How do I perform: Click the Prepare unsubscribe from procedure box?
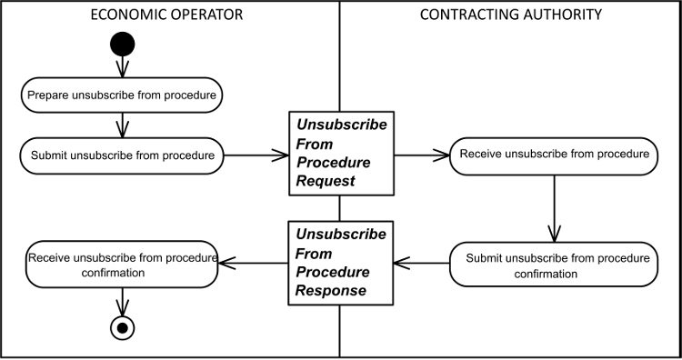(122, 95)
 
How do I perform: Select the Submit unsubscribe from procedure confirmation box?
(552, 265)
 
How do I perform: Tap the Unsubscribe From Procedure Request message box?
(341, 153)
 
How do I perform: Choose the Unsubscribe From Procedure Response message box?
(341, 263)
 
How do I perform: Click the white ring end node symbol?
(122, 327)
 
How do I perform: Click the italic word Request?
(325, 181)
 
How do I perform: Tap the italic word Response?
(330, 291)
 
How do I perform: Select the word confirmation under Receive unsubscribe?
(113, 273)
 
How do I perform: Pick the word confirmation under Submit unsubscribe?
(546, 274)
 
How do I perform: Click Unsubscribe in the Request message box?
(341, 125)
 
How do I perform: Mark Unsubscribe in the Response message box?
(341, 235)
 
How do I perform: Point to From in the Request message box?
(315, 144)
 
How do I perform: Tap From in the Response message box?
(314, 254)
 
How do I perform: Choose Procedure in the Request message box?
(333, 163)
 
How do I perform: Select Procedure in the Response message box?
(332, 273)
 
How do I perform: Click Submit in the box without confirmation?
(48, 155)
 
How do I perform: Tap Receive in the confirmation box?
(49, 258)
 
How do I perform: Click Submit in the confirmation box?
(484, 258)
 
